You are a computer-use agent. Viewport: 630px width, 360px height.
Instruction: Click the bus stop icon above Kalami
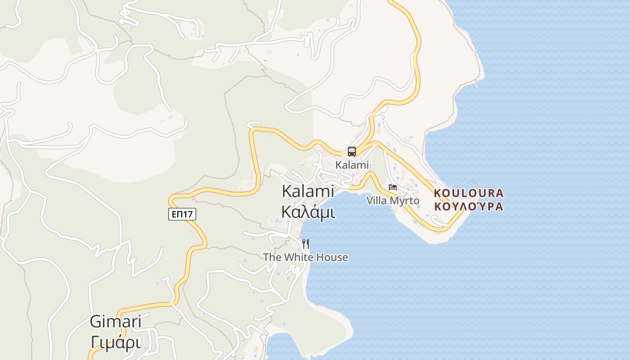[x=352, y=152]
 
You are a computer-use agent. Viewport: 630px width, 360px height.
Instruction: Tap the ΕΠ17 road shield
[x=182, y=214]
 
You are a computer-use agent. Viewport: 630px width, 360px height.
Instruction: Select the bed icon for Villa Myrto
[x=393, y=187]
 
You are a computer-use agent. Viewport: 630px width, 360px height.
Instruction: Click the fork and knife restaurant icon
[x=306, y=244]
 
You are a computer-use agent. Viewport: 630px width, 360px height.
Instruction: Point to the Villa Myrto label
[x=392, y=201]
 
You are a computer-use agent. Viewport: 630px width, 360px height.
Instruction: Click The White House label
[x=306, y=257]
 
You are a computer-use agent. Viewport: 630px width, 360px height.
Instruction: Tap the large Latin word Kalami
[x=308, y=191]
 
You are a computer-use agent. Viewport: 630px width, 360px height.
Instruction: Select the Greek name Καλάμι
[x=308, y=211]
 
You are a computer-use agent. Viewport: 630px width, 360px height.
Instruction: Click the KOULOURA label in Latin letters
[x=468, y=193]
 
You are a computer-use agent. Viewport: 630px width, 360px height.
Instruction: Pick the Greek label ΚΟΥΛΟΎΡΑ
[x=468, y=207]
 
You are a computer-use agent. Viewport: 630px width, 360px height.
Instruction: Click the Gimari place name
[x=116, y=322]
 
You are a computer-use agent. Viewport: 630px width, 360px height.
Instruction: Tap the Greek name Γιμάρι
[x=116, y=342]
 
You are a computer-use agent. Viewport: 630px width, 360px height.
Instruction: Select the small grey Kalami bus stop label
[x=352, y=165]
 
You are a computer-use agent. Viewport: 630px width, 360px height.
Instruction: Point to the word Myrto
[x=404, y=201]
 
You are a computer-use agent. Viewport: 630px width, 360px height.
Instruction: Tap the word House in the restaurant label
[x=333, y=257]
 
